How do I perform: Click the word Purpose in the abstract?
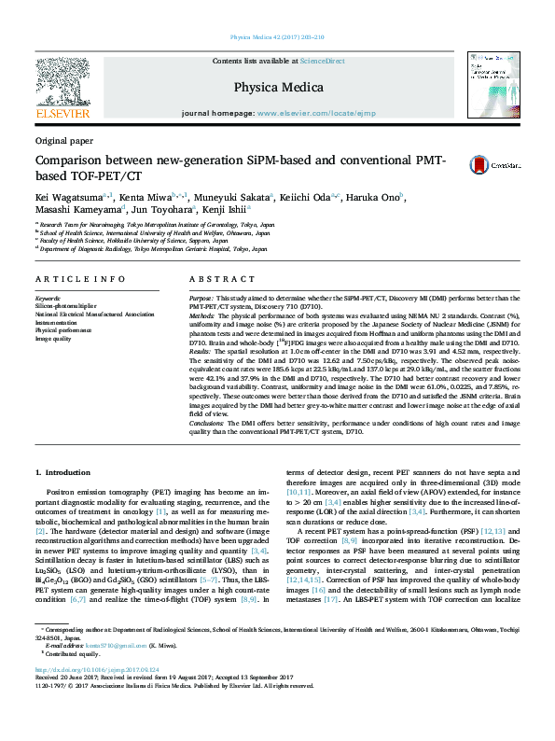pos(201,297)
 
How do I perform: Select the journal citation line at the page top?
pos(277,38)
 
